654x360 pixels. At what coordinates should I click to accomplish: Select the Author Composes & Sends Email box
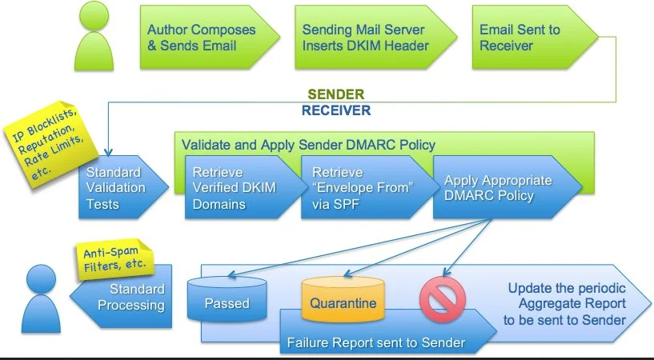coord(202,38)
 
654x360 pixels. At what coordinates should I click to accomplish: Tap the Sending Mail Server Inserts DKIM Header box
coord(364,38)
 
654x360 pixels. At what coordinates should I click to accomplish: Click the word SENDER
coord(336,95)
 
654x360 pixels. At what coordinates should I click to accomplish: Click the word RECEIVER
coord(336,110)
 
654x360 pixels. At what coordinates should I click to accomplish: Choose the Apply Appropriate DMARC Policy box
coord(498,187)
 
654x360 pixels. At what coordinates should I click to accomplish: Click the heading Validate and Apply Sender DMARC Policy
coord(308,145)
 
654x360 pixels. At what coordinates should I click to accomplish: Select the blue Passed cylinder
coord(227,302)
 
